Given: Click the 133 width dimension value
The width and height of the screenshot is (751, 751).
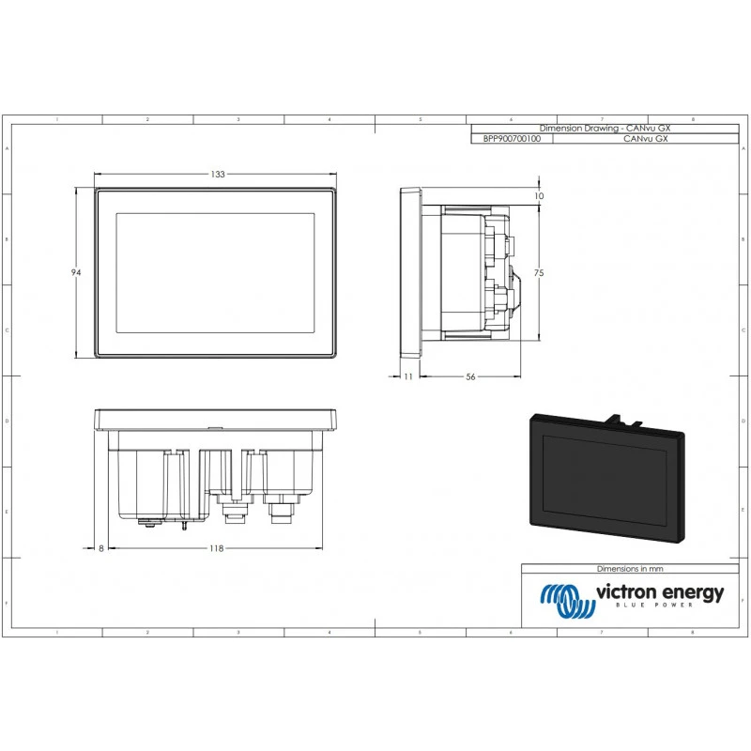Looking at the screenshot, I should pos(217,175).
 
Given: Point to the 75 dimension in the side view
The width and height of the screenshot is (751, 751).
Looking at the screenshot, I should pos(539,271).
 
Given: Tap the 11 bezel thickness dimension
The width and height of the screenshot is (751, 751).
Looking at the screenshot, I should pos(407,376).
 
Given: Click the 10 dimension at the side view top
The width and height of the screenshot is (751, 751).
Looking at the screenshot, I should pos(539,196).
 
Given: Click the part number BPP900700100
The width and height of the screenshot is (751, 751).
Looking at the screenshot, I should pos(511,137).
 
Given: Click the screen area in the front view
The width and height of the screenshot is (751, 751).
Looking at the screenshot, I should pos(215,272).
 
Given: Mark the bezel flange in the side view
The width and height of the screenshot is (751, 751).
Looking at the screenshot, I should pos(409,271).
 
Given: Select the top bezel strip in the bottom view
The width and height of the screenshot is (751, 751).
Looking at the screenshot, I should pos(217,419).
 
